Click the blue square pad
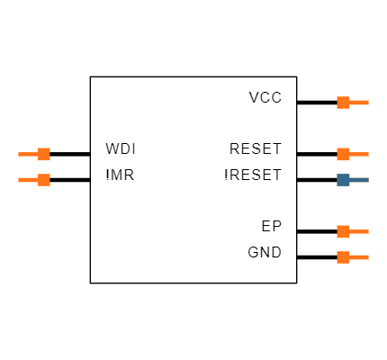tap(343, 180)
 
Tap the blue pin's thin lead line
tap(359, 180)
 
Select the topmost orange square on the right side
tap(343, 103)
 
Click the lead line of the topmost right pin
tap(359, 103)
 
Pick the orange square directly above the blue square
tap(343, 154)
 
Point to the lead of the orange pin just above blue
tap(359, 154)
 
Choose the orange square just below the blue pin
tap(343, 231)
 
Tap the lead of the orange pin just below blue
tap(359, 231)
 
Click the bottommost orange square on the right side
tap(343, 257)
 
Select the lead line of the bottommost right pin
tap(359, 257)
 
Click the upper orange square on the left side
tap(43, 154)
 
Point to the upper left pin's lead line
tap(27, 154)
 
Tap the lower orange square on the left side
tap(43, 180)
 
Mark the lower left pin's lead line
tap(27, 180)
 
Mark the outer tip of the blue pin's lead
tap(368, 180)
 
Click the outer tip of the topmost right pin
tap(368, 103)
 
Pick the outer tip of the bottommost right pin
tap(368, 257)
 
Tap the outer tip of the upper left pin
tap(19, 154)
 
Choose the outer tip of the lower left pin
tap(19, 180)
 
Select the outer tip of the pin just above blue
tap(368, 154)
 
